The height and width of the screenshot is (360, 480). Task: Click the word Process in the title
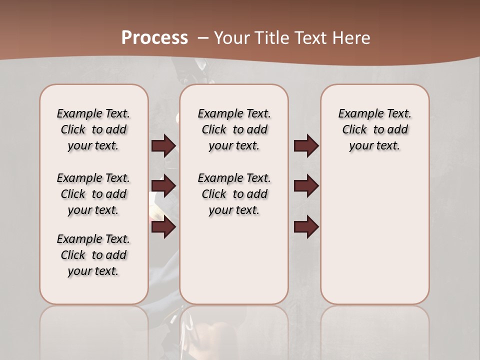pos(154,37)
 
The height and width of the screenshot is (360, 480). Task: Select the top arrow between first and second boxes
pos(163,145)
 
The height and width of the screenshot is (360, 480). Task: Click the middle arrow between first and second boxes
pos(163,186)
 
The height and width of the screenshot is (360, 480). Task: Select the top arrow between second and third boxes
pos(306,145)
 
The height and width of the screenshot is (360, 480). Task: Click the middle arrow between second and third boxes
pos(306,186)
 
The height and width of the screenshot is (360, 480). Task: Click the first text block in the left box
pos(93,129)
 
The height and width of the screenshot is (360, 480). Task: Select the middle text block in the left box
pos(93,194)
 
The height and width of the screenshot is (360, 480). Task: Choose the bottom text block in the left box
pos(93,255)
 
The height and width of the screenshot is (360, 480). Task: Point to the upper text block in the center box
pos(234,129)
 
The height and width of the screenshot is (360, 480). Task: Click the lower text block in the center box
pos(234,194)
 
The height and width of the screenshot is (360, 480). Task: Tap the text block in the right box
pos(374,129)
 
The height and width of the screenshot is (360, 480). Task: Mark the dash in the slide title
pos(203,37)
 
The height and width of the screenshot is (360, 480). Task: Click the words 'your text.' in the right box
pos(374,146)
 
